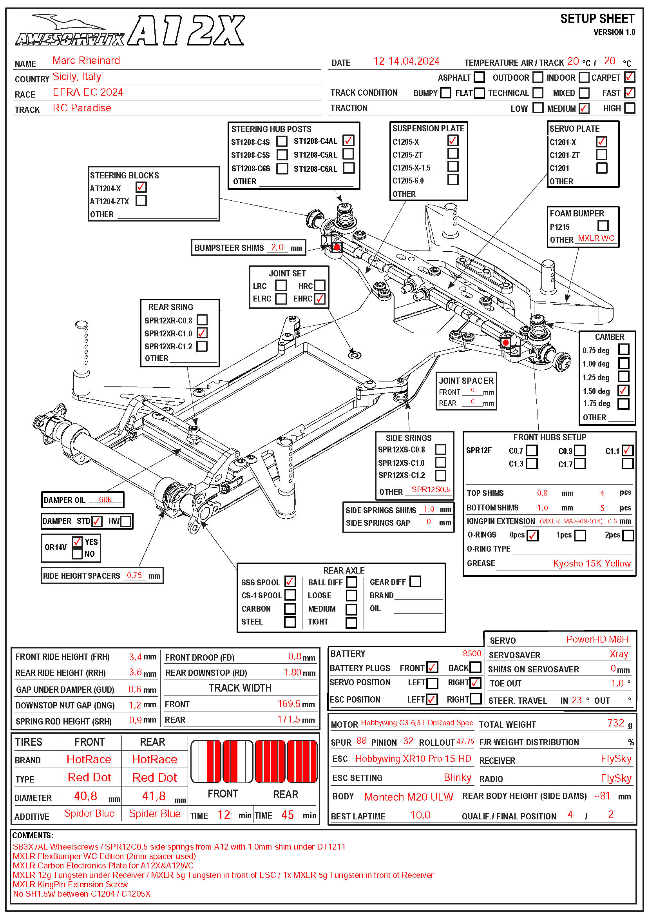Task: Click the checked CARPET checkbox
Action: coord(629,77)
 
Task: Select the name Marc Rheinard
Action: coord(86,60)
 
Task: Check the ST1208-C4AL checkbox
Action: coord(348,141)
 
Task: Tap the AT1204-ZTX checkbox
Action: coord(141,200)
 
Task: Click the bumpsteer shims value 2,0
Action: coord(277,247)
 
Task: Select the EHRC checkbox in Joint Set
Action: coord(320,299)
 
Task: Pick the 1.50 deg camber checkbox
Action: coord(623,390)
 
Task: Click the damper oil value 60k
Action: coord(105,499)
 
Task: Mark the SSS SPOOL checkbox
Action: coord(290,581)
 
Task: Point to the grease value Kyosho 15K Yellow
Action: coord(591,563)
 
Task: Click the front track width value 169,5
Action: coord(289,703)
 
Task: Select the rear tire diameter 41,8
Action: coord(154,796)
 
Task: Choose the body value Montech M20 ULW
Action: coord(409,797)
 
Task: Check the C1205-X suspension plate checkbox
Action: coord(453,141)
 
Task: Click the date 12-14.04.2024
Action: coord(406,61)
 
